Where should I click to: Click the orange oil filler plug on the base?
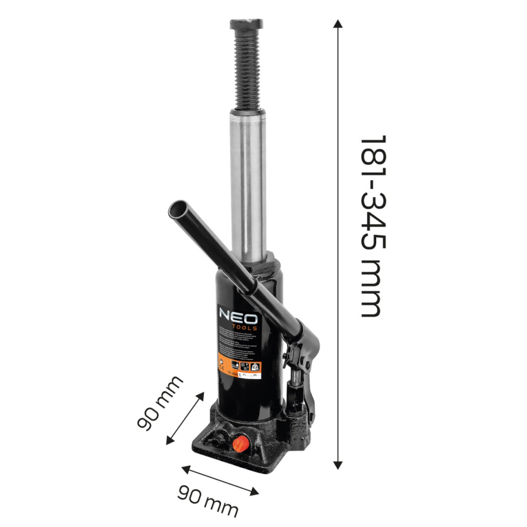[239, 444]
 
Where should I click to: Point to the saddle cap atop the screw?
[246, 23]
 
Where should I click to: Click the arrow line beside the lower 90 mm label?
[220, 481]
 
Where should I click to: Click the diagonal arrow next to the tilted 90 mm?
[185, 417]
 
